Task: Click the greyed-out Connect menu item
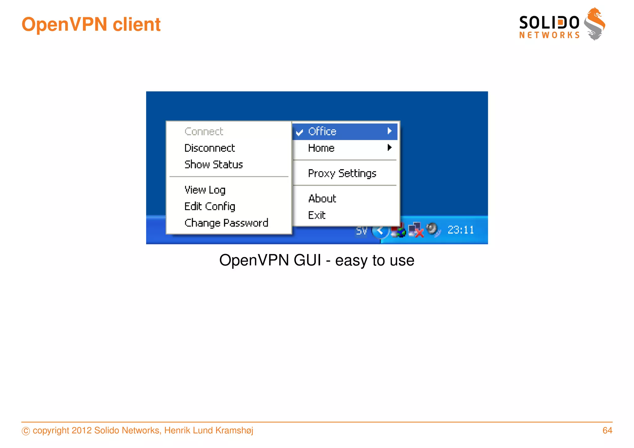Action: coord(204,131)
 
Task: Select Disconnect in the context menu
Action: coord(210,148)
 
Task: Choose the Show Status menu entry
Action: coord(214,165)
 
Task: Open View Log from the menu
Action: coord(205,190)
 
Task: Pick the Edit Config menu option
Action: coord(210,206)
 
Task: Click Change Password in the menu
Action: coord(226,223)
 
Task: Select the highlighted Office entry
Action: coord(322,131)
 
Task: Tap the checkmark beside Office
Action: coord(299,133)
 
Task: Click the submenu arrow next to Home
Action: coord(389,148)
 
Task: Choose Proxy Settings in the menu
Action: coord(342,173)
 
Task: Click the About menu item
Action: coord(322,199)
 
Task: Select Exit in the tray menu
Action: coord(317,215)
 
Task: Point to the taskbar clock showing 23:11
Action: coord(461,230)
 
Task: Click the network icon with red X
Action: coord(415,230)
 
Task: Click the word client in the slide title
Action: coord(137,24)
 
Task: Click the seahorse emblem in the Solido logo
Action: coord(594,24)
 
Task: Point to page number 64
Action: coord(607,430)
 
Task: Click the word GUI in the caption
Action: coord(307,260)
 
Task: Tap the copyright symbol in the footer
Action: coord(26,431)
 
